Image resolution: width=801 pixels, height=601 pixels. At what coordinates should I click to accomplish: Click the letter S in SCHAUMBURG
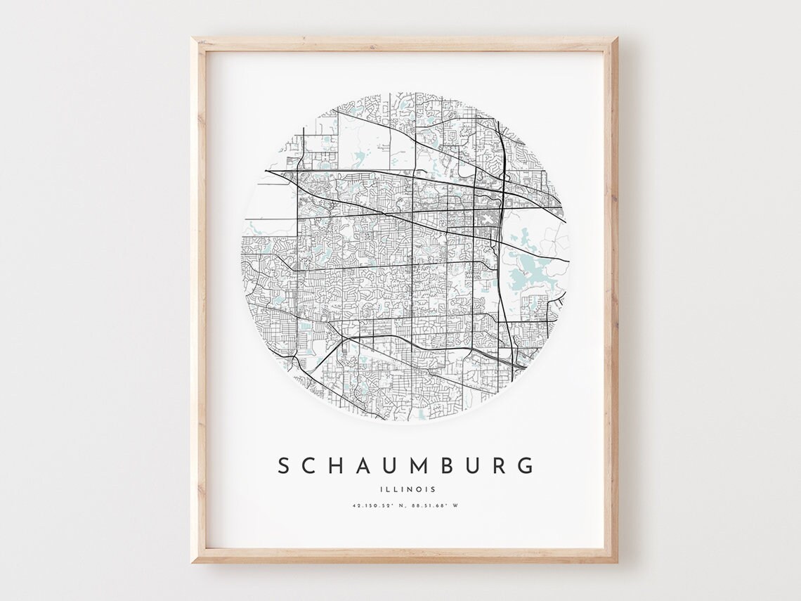click(284, 465)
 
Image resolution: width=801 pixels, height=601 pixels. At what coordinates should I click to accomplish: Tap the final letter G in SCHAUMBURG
click(525, 465)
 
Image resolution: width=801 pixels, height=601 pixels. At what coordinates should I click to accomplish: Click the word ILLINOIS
click(405, 489)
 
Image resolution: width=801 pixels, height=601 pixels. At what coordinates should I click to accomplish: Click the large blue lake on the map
click(527, 268)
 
